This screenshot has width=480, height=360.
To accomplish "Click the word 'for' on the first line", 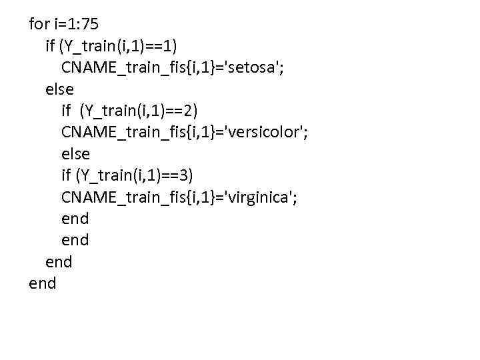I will coord(39,25).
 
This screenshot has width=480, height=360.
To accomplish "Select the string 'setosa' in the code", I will coord(253,68).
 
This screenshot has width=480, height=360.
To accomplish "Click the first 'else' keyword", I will coord(59,89).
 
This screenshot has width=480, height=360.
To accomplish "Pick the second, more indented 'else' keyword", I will coord(75,154).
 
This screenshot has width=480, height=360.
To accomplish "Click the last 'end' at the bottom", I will coord(43,284).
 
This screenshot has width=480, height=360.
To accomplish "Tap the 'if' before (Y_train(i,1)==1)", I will coord(50,46).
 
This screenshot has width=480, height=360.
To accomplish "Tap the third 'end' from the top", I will coord(59,262).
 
